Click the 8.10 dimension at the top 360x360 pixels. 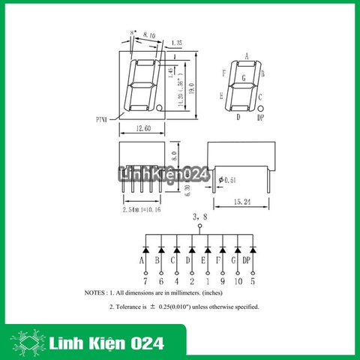(x=148, y=34)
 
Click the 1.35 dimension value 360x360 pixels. (x=177, y=43)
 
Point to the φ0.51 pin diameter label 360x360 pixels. (x=226, y=179)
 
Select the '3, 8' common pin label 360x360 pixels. (x=199, y=217)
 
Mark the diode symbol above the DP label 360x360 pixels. (x=253, y=248)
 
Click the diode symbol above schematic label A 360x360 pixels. (x=142, y=248)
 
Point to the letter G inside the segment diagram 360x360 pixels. (x=241, y=77)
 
